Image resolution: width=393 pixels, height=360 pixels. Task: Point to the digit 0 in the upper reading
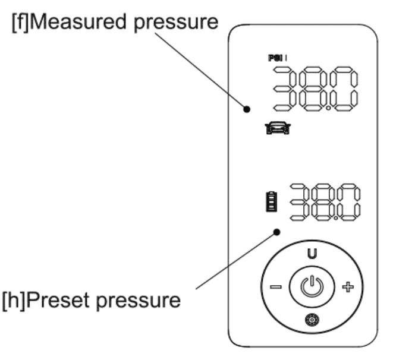pos(345,89)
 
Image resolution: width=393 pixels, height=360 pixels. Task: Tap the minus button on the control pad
pos(276,288)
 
